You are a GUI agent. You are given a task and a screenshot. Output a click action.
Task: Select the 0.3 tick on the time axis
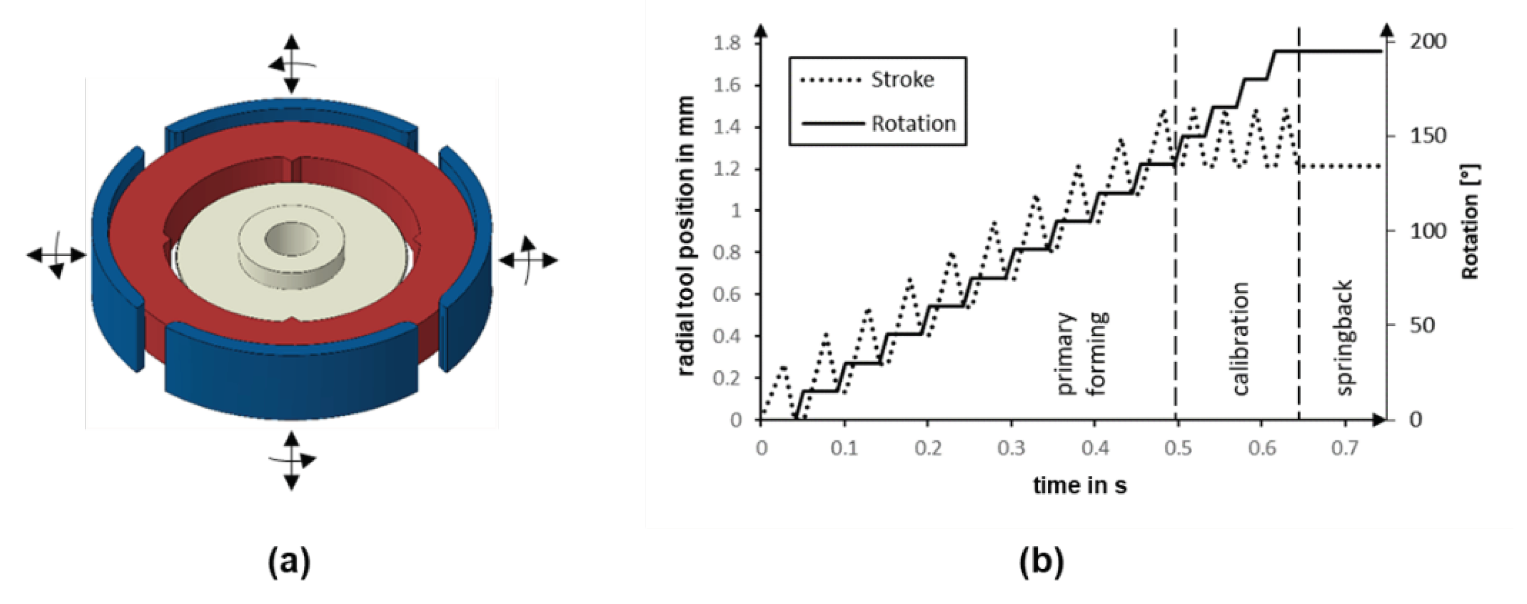[x=1011, y=449]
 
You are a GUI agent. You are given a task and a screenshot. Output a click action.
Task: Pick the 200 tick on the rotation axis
[x=1428, y=42]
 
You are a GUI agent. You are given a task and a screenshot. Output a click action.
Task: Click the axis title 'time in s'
[x=1080, y=486]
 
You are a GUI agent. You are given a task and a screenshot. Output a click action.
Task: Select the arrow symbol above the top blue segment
[x=290, y=64]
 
